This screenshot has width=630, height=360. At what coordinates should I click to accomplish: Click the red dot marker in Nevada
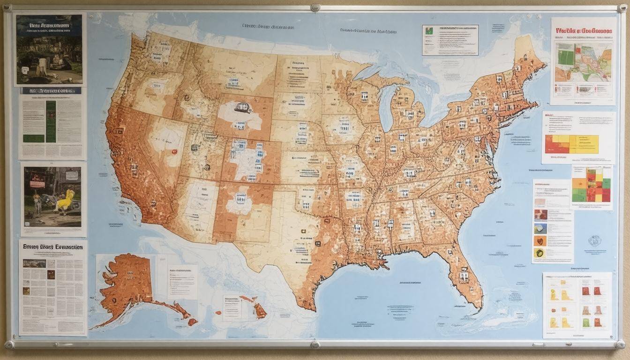[x=174, y=152]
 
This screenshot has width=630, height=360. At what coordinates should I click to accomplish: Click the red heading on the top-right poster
[x=584, y=31]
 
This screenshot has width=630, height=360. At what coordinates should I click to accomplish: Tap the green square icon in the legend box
[x=428, y=31]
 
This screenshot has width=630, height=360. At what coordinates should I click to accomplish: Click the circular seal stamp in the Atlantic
[x=594, y=241]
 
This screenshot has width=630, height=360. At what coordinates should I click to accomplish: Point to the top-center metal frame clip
[x=315, y=7]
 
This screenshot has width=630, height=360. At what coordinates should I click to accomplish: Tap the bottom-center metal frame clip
[x=315, y=345]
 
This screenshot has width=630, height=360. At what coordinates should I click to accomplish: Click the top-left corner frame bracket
[x=7, y=7]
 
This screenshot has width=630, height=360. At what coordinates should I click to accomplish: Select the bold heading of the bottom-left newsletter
[x=52, y=247]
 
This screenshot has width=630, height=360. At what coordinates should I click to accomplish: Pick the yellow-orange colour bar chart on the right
[x=572, y=144]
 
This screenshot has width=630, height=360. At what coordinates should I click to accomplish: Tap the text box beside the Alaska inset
[x=182, y=281]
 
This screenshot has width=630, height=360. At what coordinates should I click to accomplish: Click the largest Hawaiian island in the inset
[x=259, y=310]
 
